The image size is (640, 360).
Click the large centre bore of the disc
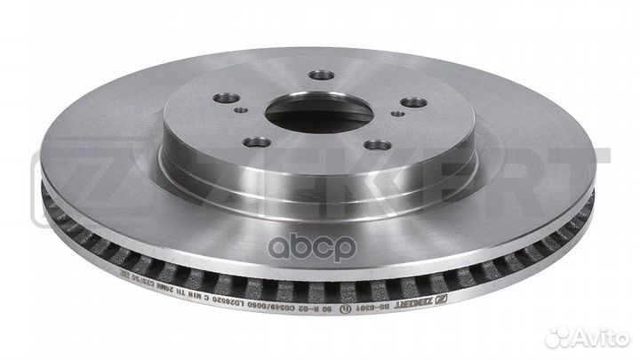pyautogui.click(x=319, y=113)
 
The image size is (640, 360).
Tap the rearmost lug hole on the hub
pyautogui.click(x=323, y=76)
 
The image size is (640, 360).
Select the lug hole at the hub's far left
pyautogui.click(x=228, y=98)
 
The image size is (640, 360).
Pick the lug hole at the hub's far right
pyautogui.click(x=412, y=102)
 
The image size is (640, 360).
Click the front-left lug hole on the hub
pyautogui.click(x=257, y=141)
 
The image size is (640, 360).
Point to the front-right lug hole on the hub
pyautogui.click(x=378, y=145)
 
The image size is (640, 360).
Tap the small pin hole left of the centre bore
pyautogui.click(x=242, y=111)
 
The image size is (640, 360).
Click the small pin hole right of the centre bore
pyautogui.click(x=398, y=115)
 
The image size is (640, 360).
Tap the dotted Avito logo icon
pyautogui.click(x=560, y=337)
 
